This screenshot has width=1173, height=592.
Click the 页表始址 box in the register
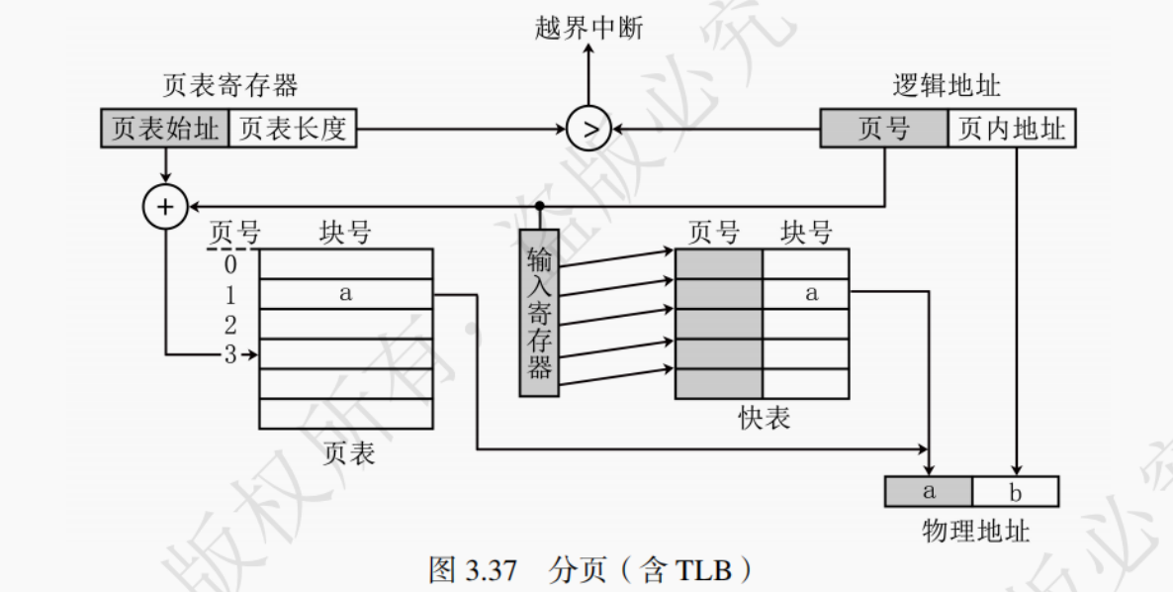[164, 130]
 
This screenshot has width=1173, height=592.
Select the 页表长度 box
[293, 130]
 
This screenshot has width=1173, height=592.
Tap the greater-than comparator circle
[589, 129]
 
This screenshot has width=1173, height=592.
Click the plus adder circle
[165, 206]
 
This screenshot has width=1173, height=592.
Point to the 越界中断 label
[587, 28]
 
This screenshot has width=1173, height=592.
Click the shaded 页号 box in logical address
[883, 130]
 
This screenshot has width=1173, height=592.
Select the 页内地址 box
[1012, 130]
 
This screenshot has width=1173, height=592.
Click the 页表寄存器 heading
[229, 85]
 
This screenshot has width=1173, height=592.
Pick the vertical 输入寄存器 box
[539, 313]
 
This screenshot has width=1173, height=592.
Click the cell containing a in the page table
[345, 294]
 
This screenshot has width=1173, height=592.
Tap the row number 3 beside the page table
[229, 353]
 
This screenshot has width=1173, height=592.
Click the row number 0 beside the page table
[229, 264]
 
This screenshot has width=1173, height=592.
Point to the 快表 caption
[764, 419]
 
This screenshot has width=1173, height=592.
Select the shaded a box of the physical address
[929, 491]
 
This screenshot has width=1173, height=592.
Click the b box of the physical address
[1016, 491]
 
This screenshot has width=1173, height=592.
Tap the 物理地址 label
[975, 531]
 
